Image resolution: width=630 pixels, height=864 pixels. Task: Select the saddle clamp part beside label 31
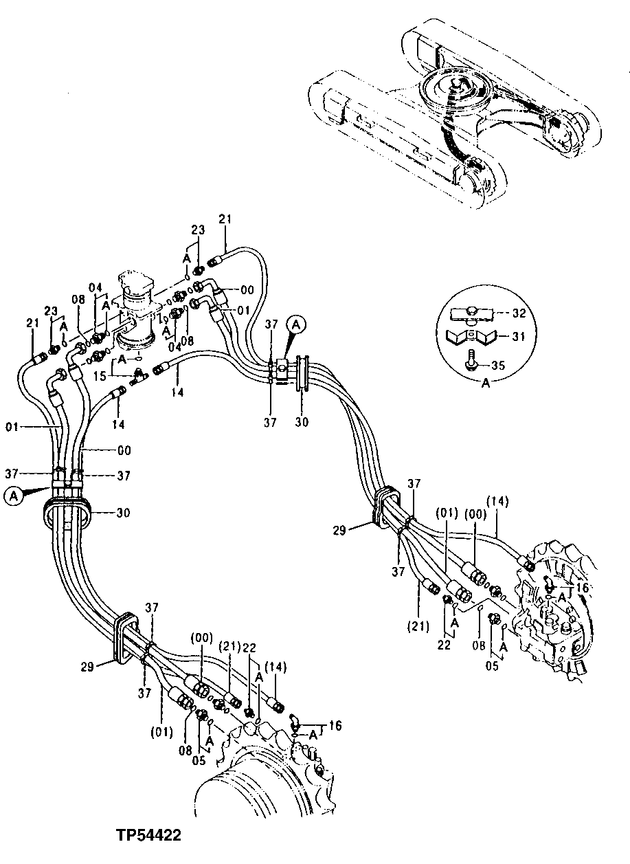tap(470, 337)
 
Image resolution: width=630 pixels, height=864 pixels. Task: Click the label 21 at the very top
tap(225, 219)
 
